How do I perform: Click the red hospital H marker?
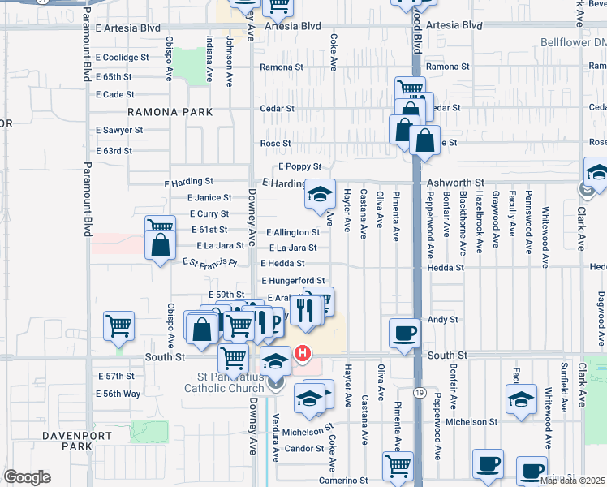[x=303, y=353]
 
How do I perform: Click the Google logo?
[x=27, y=477]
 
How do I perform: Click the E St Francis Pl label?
[x=209, y=263]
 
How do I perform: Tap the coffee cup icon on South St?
[x=404, y=334]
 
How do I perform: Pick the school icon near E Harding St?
[x=320, y=194]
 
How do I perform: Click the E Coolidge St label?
[x=122, y=58]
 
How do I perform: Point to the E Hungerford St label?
[x=293, y=281]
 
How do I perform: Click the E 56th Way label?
[x=118, y=394]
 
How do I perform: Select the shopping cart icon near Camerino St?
[x=398, y=466]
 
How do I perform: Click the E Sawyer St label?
[x=118, y=130]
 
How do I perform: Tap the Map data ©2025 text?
[x=572, y=481]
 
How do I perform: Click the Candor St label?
[x=304, y=449]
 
